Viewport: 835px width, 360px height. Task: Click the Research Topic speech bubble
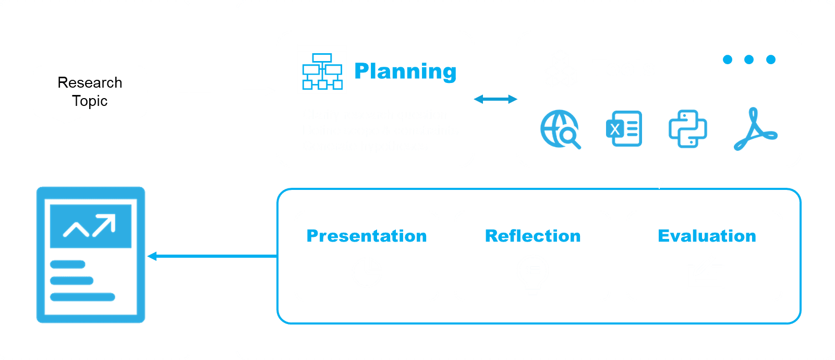[90, 92]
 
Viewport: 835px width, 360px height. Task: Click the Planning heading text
[405, 71]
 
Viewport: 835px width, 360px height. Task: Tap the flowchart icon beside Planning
[322, 69]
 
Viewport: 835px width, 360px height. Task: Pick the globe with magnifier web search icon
[560, 129]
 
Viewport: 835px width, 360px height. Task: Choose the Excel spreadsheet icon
[624, 128]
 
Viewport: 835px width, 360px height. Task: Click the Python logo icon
[687, 129]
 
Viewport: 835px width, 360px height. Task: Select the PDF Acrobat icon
[755, 129]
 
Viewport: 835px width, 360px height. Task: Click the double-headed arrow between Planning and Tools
[495, 99]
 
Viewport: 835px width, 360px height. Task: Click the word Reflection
[533, 236]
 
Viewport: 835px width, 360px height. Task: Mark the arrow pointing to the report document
[211, 256]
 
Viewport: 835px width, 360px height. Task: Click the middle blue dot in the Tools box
[749, 59]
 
